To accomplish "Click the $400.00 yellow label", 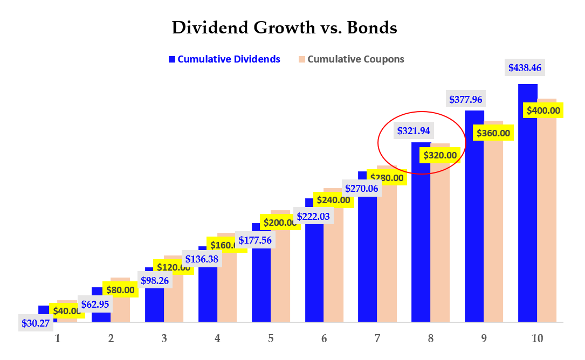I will (x=542, y=111).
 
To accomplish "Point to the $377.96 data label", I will (x=467, y=99).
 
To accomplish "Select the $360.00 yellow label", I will (x=492, y=133).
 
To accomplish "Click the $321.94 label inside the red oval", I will (x=415, y=130).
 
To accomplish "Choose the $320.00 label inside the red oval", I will (x=440, y=155).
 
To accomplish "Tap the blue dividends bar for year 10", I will (x=528, y=205).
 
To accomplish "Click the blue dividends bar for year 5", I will (x=261, y=280).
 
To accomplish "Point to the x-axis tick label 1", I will (x=57, y=338).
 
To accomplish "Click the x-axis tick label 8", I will (x=430, y=338).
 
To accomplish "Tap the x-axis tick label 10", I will (x=537, y=338).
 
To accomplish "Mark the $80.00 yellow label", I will (x=120, y=290).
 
